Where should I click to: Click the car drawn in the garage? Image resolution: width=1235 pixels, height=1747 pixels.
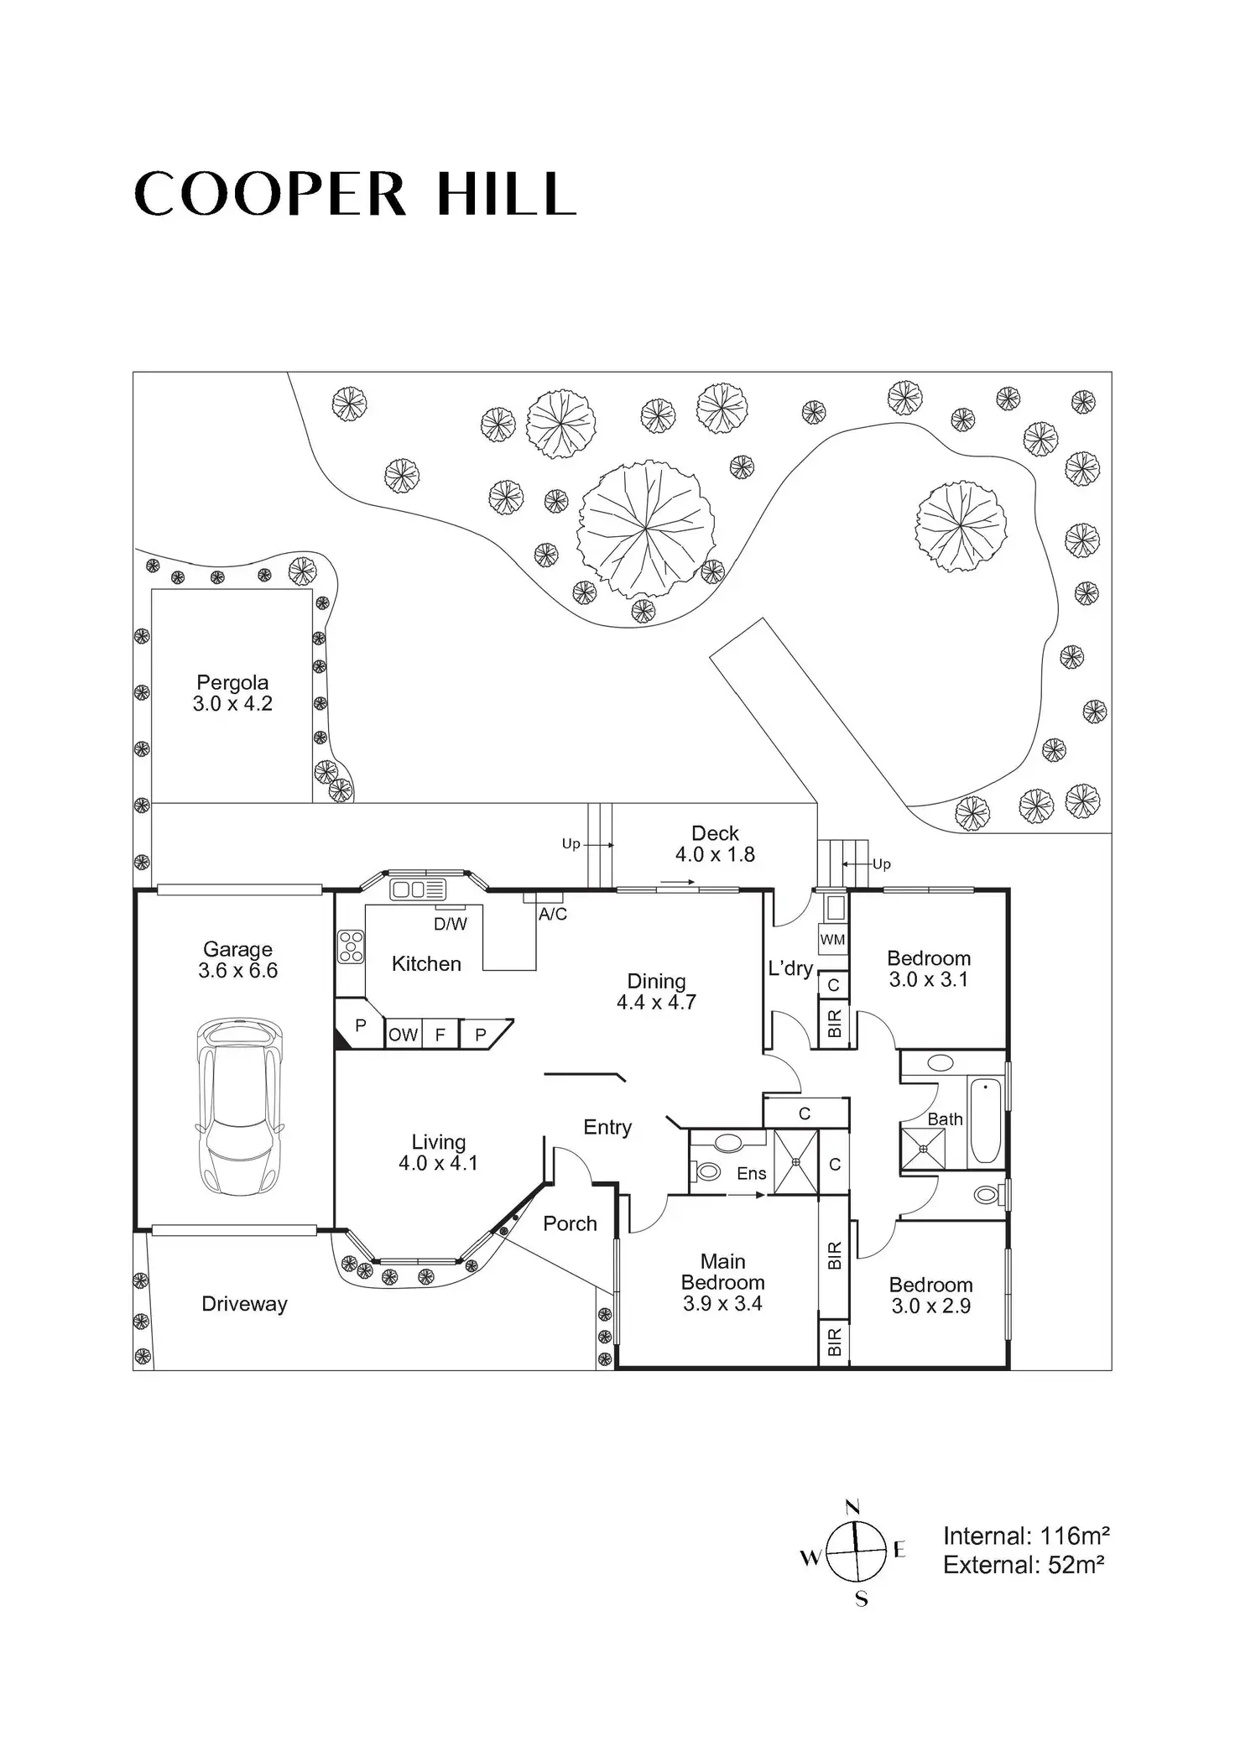240,1106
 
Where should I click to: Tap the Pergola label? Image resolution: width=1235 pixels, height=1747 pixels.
232,682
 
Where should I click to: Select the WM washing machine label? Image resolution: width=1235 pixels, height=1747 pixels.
832,939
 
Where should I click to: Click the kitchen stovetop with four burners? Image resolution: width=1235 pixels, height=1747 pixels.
351,947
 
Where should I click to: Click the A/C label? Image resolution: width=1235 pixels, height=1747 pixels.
553,915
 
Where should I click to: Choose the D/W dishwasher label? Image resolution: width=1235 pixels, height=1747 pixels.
451,924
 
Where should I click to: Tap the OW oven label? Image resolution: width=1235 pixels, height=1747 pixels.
403,1035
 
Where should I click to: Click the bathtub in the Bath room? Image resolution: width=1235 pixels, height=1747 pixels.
985,1120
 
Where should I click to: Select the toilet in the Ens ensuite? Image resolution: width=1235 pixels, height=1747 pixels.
707,1171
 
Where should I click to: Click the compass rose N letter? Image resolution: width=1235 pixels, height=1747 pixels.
853,1506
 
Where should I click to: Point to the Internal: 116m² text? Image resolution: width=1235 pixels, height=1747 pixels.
1026,1536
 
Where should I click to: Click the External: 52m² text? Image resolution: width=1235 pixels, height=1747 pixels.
1023,1565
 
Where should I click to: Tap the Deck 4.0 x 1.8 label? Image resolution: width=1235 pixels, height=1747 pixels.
715,844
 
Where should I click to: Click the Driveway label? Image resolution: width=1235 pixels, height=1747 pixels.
244,1304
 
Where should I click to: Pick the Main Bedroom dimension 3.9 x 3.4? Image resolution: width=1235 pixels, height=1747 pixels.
722,1303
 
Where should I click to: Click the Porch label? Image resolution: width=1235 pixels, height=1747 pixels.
570,1223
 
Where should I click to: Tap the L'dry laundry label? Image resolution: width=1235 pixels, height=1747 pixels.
790,968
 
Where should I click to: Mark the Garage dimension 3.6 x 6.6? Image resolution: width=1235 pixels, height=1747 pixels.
237,971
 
